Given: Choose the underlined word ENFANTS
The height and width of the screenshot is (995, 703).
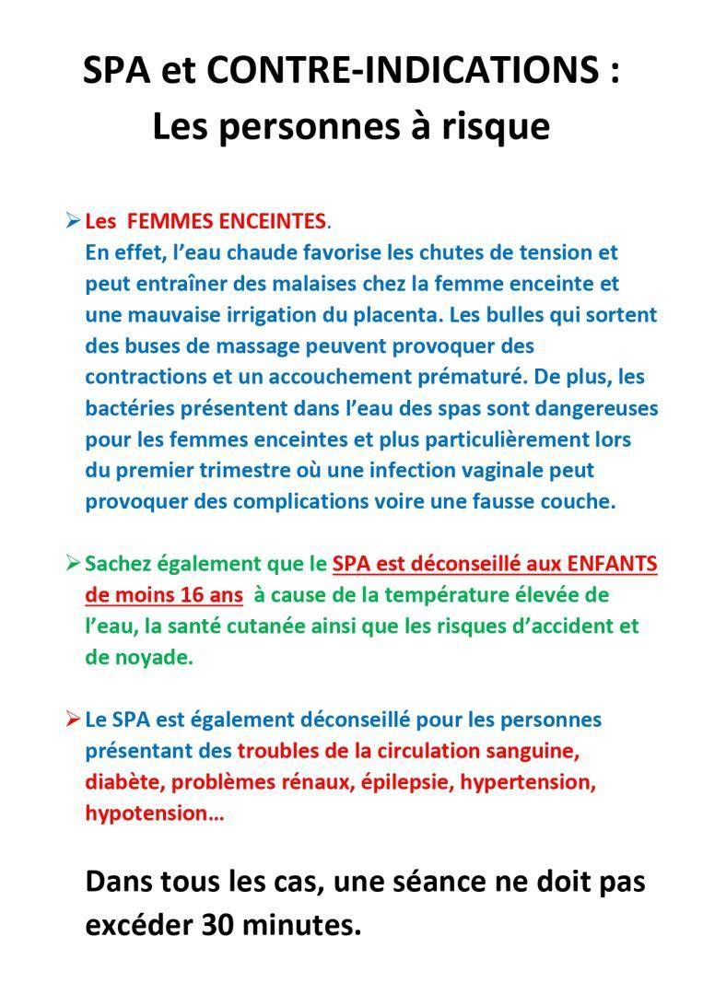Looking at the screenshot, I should (x=611, y=563).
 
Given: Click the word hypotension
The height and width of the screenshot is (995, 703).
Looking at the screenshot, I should (x=147, y=814).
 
